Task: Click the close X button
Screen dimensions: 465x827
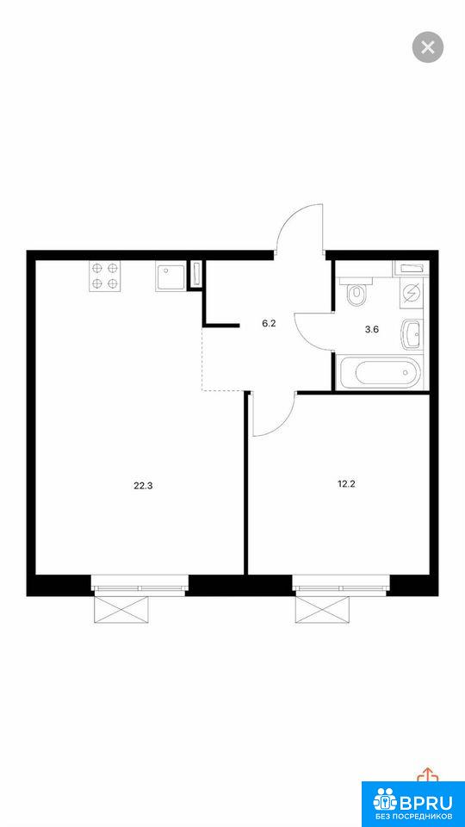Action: pos(428,47)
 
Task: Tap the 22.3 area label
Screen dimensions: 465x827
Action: pos(143,486)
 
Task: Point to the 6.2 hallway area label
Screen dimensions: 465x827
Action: pos(269,324)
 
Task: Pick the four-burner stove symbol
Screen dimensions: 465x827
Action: pos(104,276)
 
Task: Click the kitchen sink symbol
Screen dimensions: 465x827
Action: pos(170,277)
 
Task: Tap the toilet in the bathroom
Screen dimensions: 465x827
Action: pos(356,292)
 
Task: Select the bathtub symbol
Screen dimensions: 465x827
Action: pos(380,373)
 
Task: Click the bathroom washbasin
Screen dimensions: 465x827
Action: pos(412,334)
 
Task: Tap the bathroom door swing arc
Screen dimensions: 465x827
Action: pos(307,333)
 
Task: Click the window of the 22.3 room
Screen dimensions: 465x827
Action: pos(139,584)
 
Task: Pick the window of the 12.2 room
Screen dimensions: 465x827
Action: pos(341,584)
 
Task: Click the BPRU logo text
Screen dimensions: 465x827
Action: pos(426,802)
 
